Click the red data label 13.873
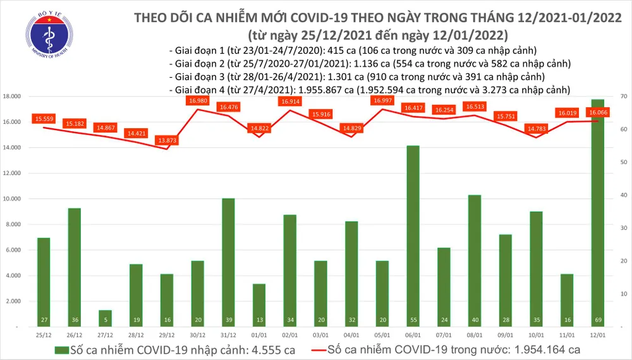point(167,140)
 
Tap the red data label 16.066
point(597,112)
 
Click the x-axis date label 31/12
point(228,333)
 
